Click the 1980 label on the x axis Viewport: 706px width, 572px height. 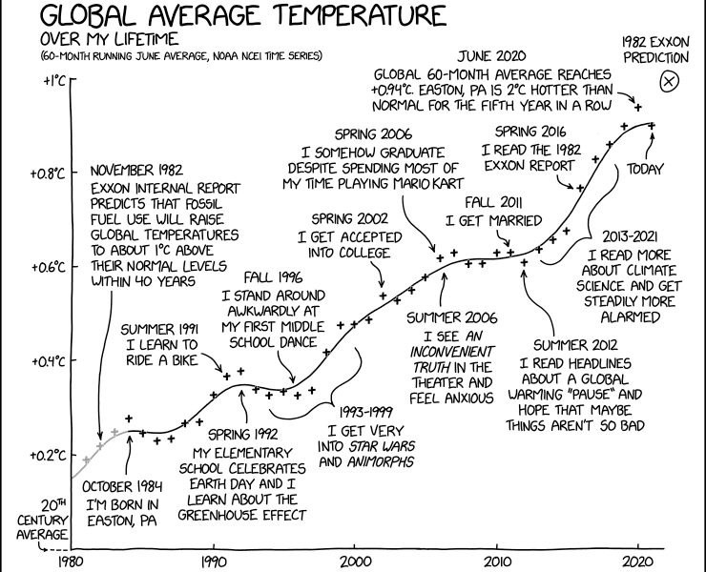[x=72, y=562]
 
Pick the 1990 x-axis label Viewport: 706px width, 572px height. [x=213, y=562]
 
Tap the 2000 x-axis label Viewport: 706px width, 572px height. [x=355, y=562]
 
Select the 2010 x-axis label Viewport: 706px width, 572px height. [x=497, y=562]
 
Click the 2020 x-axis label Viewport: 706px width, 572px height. [x=638, y=562]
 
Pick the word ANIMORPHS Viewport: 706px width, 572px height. [x=379, y=462]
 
